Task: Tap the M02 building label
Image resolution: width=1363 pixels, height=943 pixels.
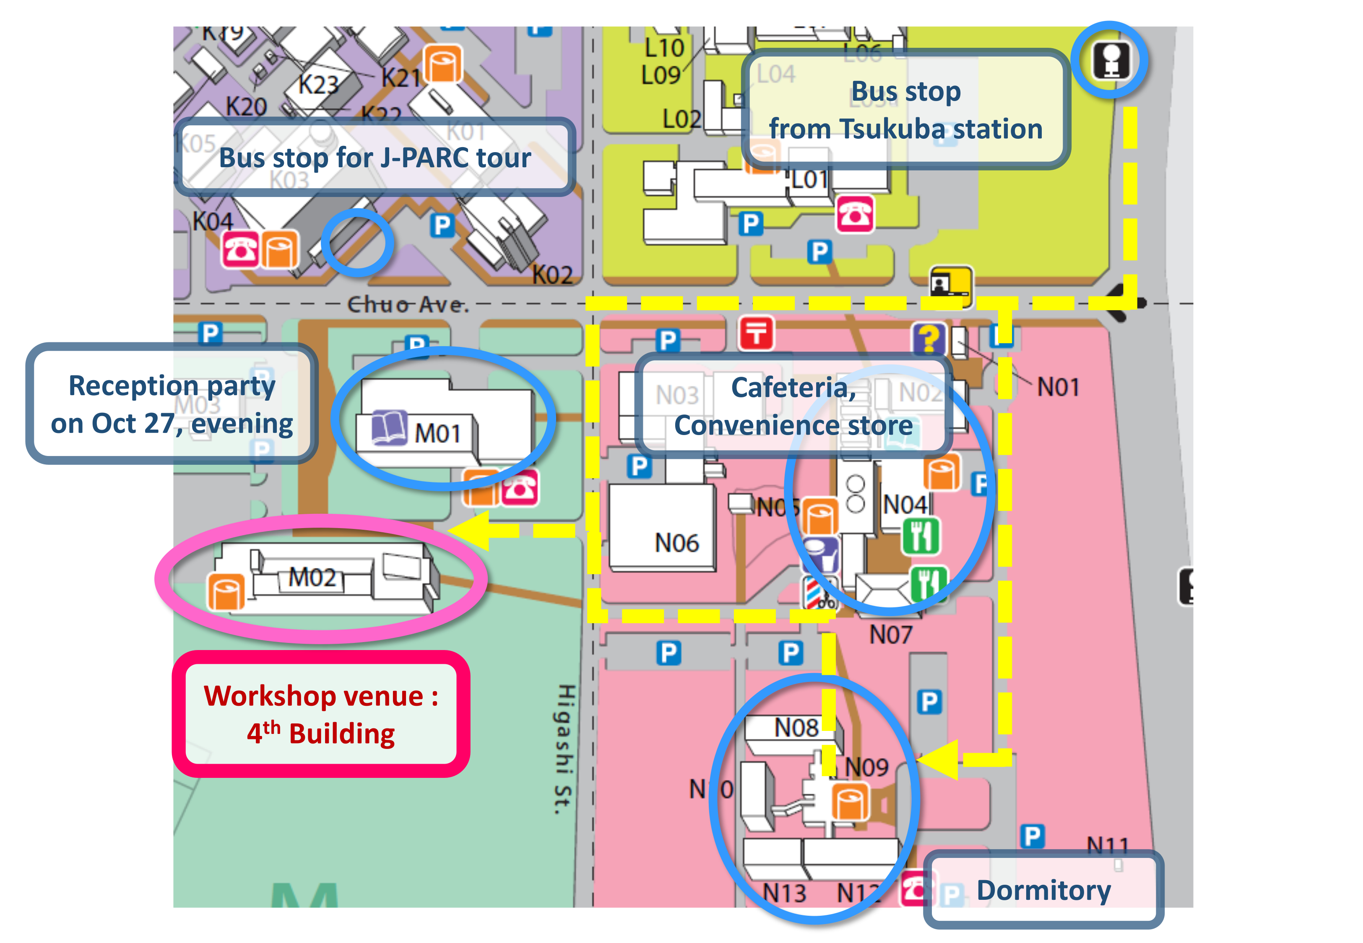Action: pos(312,577)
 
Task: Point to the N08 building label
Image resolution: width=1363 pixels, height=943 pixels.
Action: pos(796,727)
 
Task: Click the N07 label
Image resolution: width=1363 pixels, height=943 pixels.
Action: pos(890,635)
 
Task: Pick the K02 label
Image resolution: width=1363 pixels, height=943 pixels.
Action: pos(552,275)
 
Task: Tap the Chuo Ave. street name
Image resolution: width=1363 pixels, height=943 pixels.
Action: pos(407,304)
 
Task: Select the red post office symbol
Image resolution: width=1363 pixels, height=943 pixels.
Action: pos(756,333)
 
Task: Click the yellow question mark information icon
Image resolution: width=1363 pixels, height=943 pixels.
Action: pos(928,339)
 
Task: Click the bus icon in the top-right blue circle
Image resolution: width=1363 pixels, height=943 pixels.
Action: pos(1111,60)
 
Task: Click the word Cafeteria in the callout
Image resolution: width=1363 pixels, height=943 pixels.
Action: pos(793,388)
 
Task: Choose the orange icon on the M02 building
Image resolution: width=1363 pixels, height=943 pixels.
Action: pos(226,591)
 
